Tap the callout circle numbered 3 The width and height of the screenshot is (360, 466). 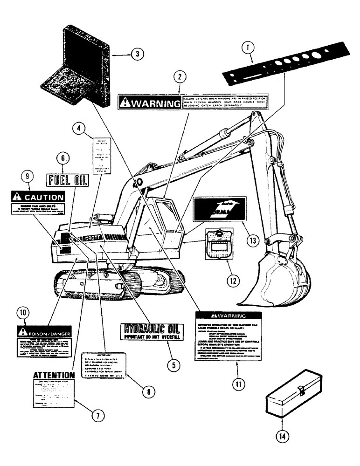[x=136, y=54]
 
